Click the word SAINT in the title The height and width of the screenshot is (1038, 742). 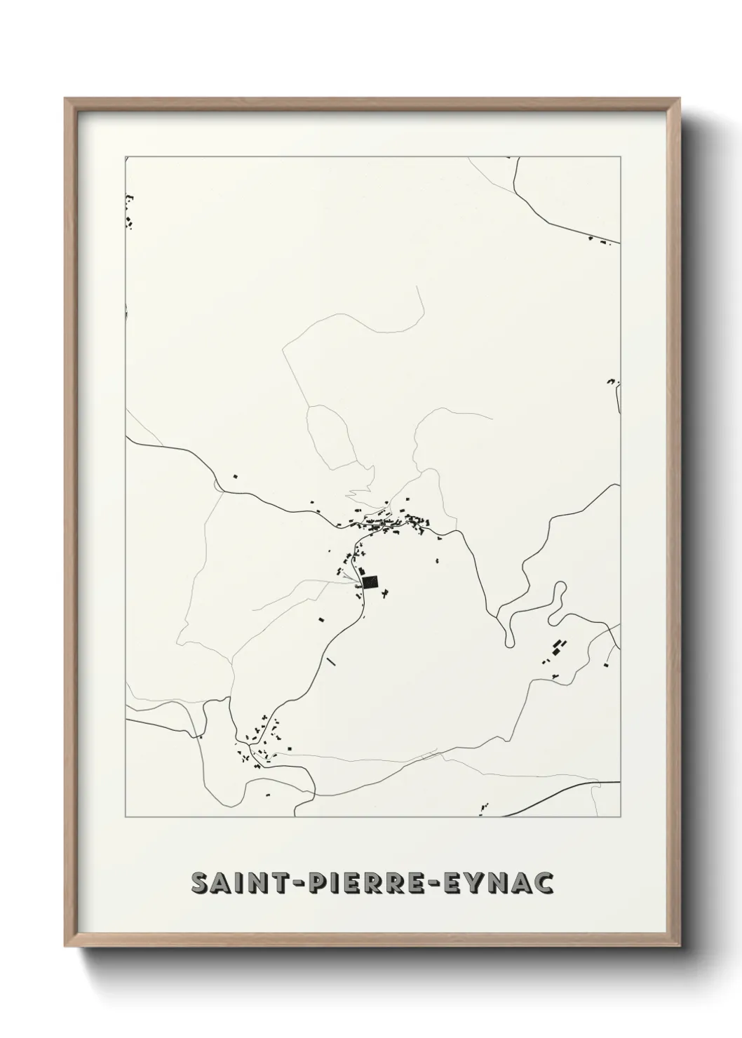(x=234, y=884)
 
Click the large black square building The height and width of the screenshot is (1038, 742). (x=370, y=581)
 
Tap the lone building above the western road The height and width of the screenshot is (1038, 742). (x=236, y=477)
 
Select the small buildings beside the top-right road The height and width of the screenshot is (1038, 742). (x=600, y=241)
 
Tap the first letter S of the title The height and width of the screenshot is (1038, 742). (x=199, y=884)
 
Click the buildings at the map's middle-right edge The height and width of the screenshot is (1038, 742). (x=612, y=382)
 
